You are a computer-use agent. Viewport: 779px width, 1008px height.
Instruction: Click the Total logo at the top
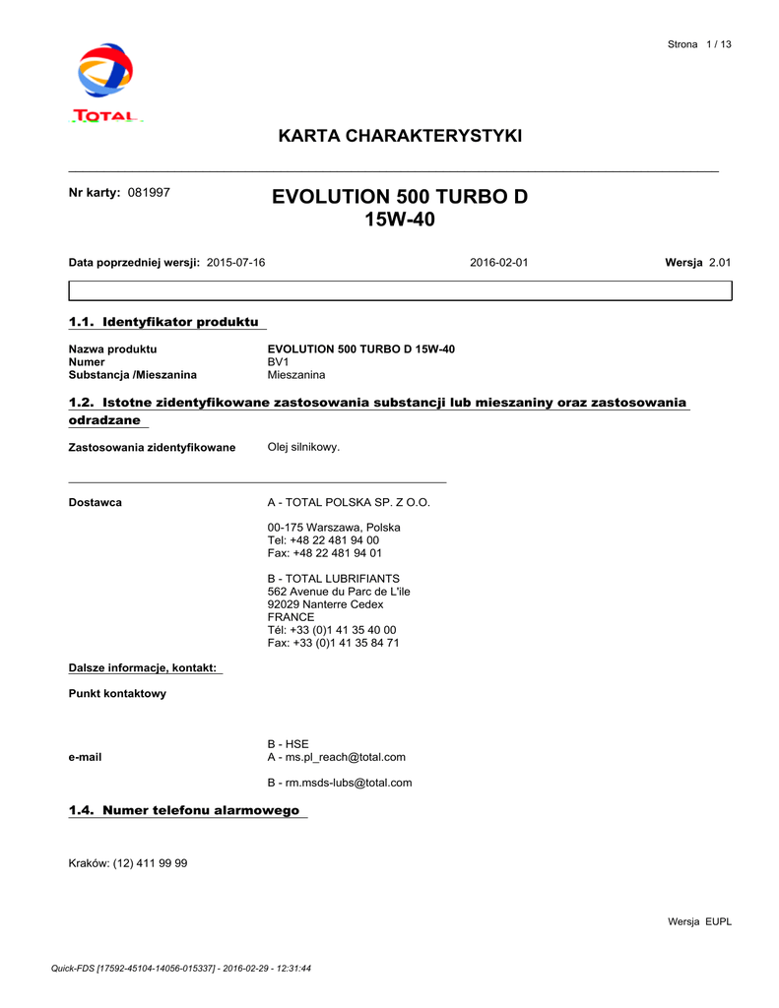point(106,83)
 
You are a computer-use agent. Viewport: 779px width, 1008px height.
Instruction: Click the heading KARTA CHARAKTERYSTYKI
point(400,136)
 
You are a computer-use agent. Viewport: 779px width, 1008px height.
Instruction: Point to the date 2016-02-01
point(498,263)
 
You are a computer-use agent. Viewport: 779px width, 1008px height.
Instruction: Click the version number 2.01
point(720,263)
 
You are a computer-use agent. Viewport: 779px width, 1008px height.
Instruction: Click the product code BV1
point(278,362)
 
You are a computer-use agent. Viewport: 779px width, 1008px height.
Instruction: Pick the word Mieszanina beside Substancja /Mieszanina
point(296,375)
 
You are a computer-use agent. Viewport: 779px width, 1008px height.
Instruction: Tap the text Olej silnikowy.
point(303,447)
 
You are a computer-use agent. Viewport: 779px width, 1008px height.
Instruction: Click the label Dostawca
point(95,502)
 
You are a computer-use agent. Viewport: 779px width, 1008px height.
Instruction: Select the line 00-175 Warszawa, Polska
point(334,528)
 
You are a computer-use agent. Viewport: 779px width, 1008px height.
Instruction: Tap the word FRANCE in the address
point(291,617)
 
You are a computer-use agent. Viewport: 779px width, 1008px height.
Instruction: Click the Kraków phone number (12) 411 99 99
point(150,863)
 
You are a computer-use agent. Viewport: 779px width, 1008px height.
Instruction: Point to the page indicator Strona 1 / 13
point(699,44)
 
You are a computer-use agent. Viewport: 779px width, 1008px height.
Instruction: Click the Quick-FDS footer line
point(181,969)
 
